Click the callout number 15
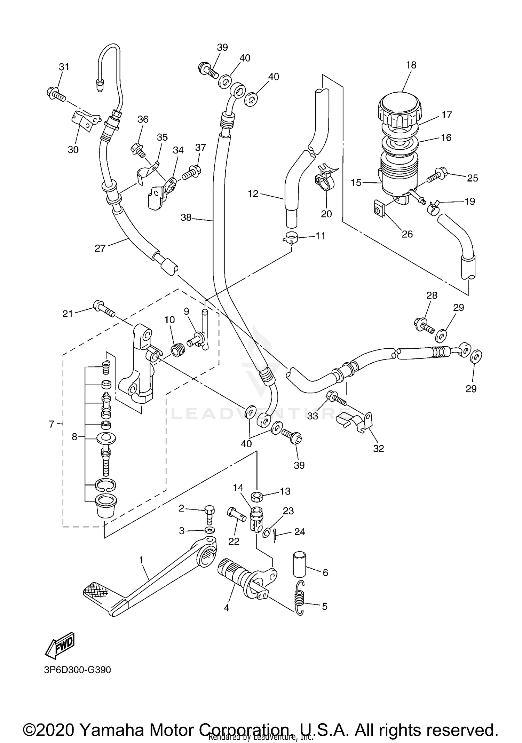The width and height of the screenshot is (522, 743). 356,182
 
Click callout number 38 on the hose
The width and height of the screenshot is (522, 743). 186,218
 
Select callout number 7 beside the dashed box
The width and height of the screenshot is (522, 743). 52,424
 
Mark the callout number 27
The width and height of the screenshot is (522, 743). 100,248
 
